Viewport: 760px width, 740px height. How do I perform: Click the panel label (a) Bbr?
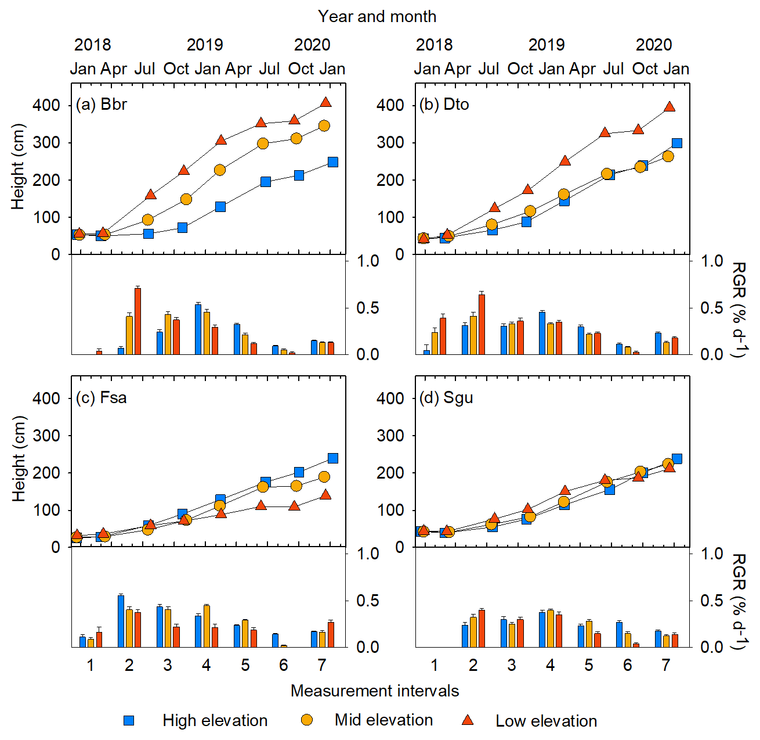point(101,105)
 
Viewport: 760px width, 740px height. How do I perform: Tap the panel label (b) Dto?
point(444,105)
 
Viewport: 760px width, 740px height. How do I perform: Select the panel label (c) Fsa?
point(101,398)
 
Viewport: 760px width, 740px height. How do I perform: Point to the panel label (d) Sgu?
point(446,398)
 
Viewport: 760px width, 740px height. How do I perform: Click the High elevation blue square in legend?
point(129,720)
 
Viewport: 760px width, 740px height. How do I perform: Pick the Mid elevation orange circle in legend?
point(306,720)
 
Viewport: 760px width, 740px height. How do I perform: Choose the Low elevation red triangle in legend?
point(468,720)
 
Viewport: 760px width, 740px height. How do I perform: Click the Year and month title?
point(377,16)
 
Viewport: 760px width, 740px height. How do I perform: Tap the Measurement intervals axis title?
point(375,691)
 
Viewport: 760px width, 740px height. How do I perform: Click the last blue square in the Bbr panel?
point(333,162)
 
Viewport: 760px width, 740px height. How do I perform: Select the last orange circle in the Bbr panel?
point(324,125)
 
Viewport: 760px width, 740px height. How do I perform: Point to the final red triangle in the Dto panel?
point(669,107)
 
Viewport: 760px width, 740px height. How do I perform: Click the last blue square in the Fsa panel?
point(333,458)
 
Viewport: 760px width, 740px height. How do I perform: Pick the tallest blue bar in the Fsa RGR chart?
point(121,621)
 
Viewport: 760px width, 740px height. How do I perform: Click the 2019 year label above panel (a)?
point(205,45)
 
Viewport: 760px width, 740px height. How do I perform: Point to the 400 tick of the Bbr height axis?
point(47,105)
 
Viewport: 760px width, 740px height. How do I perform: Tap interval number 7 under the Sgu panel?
point(666,665)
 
